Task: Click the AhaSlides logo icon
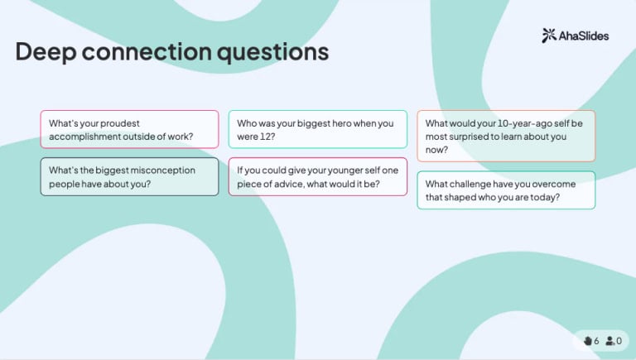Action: [549, 36]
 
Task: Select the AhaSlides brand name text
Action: [585, 36]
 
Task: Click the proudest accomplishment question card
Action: [129, 129]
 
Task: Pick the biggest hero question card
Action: [317, 129]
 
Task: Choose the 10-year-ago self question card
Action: [505, 136]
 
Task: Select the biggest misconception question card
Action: [129, 176]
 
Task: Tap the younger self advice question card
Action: [317, 176]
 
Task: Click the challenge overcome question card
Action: [505, 190]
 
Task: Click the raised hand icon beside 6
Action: [587, 340]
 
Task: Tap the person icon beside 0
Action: [610, 340]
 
